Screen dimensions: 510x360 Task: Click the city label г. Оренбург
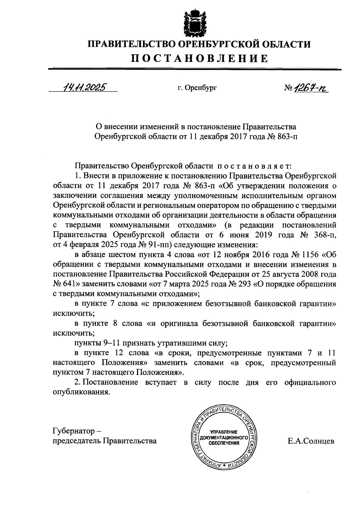pos(197,88)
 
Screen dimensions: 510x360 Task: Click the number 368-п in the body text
pos(322,235)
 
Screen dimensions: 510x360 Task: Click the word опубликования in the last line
pos(80,392)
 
